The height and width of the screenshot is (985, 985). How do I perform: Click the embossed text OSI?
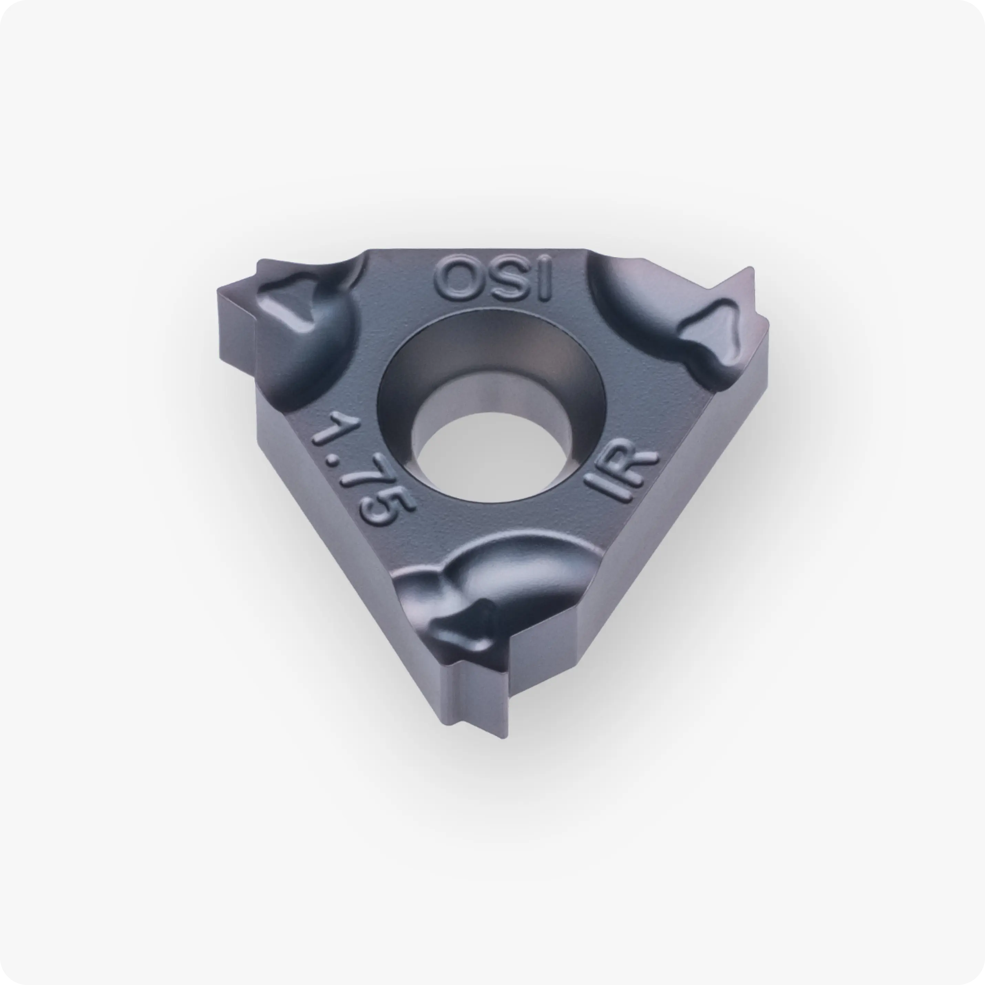[493, 279]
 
